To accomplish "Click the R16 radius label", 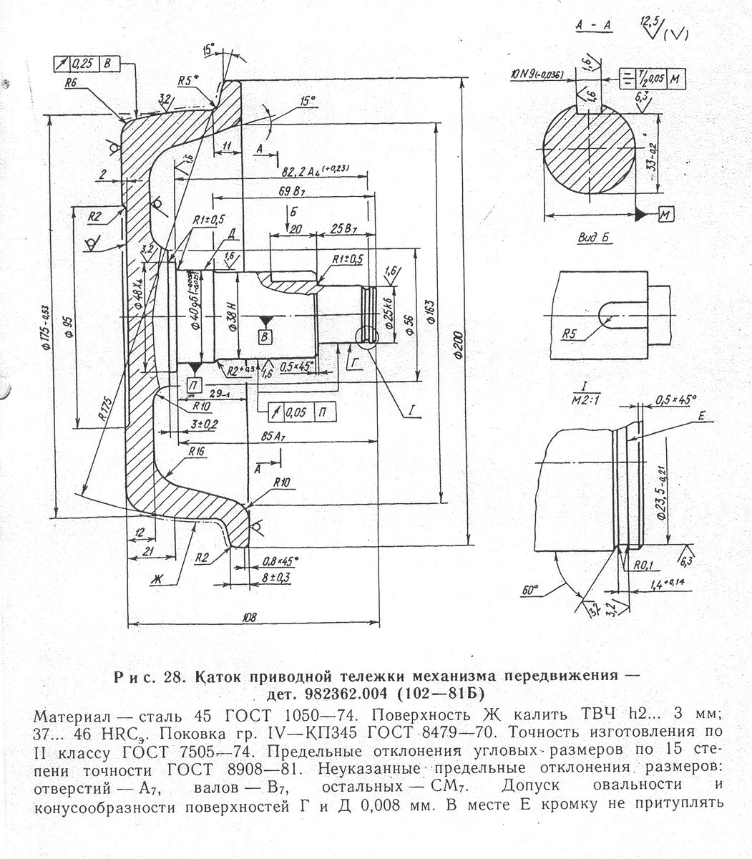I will (x=198, y=452).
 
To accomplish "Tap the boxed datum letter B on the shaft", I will (x=265, y=336).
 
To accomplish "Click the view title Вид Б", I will (x=592, y=238).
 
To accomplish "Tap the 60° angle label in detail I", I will (x=530, y=591).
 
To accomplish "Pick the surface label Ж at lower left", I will (x=156, y=578).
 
